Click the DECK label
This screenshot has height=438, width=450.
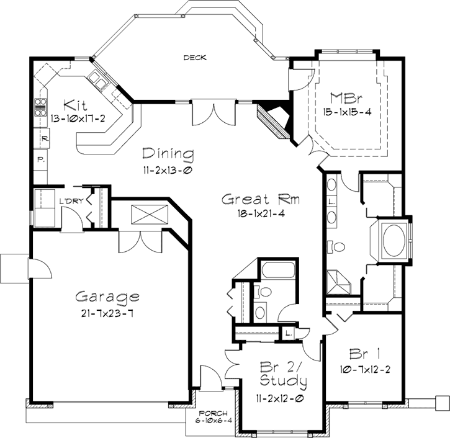[195, 58]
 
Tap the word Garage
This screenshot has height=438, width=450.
[107, 296]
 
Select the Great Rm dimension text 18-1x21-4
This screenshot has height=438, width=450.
[261, 214]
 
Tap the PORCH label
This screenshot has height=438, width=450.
[213, 414]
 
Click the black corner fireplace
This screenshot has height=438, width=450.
[273, 118]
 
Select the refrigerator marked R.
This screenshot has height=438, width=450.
[45, 138]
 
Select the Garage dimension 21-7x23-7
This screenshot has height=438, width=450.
[107, 312]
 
